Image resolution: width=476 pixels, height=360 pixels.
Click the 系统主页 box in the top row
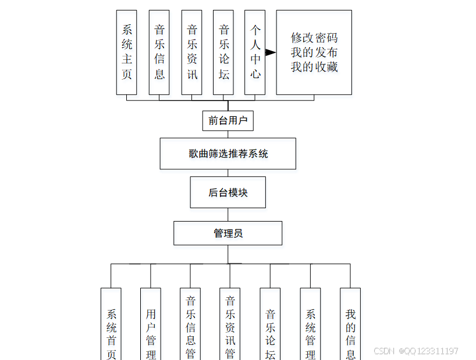pos(127,52)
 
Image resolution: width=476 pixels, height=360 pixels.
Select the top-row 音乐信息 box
pos(159,52)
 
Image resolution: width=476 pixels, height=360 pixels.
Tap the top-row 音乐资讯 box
pos(192,52)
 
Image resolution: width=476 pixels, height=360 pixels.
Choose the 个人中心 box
pos(255,52)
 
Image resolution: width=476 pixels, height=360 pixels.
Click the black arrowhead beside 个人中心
pos(271,52)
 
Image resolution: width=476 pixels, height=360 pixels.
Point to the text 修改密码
pos(314,38)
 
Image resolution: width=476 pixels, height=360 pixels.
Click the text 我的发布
pos(314,53)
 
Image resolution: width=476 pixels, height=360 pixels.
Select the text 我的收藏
pos(314,67)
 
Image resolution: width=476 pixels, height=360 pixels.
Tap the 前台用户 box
pos(228,121)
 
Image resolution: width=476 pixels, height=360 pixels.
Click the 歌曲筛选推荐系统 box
pos(228,154)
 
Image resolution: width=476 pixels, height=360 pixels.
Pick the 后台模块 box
pos(228,193)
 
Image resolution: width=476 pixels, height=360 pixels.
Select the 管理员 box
pos(228,233)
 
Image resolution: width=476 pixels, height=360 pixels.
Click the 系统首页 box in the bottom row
pos(111,326)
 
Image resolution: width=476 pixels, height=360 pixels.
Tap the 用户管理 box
pos(151,326)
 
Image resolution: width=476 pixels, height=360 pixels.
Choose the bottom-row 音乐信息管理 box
pos(190,326)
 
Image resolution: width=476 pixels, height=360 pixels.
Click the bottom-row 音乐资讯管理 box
pos(230,326)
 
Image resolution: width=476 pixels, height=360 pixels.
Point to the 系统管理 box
pos(310,326)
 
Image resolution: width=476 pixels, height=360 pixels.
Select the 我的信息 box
pos(350,326)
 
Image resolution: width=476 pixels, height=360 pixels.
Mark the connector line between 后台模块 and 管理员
pos(228,215)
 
